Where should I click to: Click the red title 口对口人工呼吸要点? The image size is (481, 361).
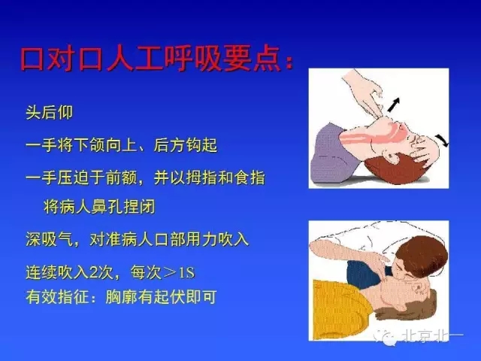[x=154, y=59]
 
